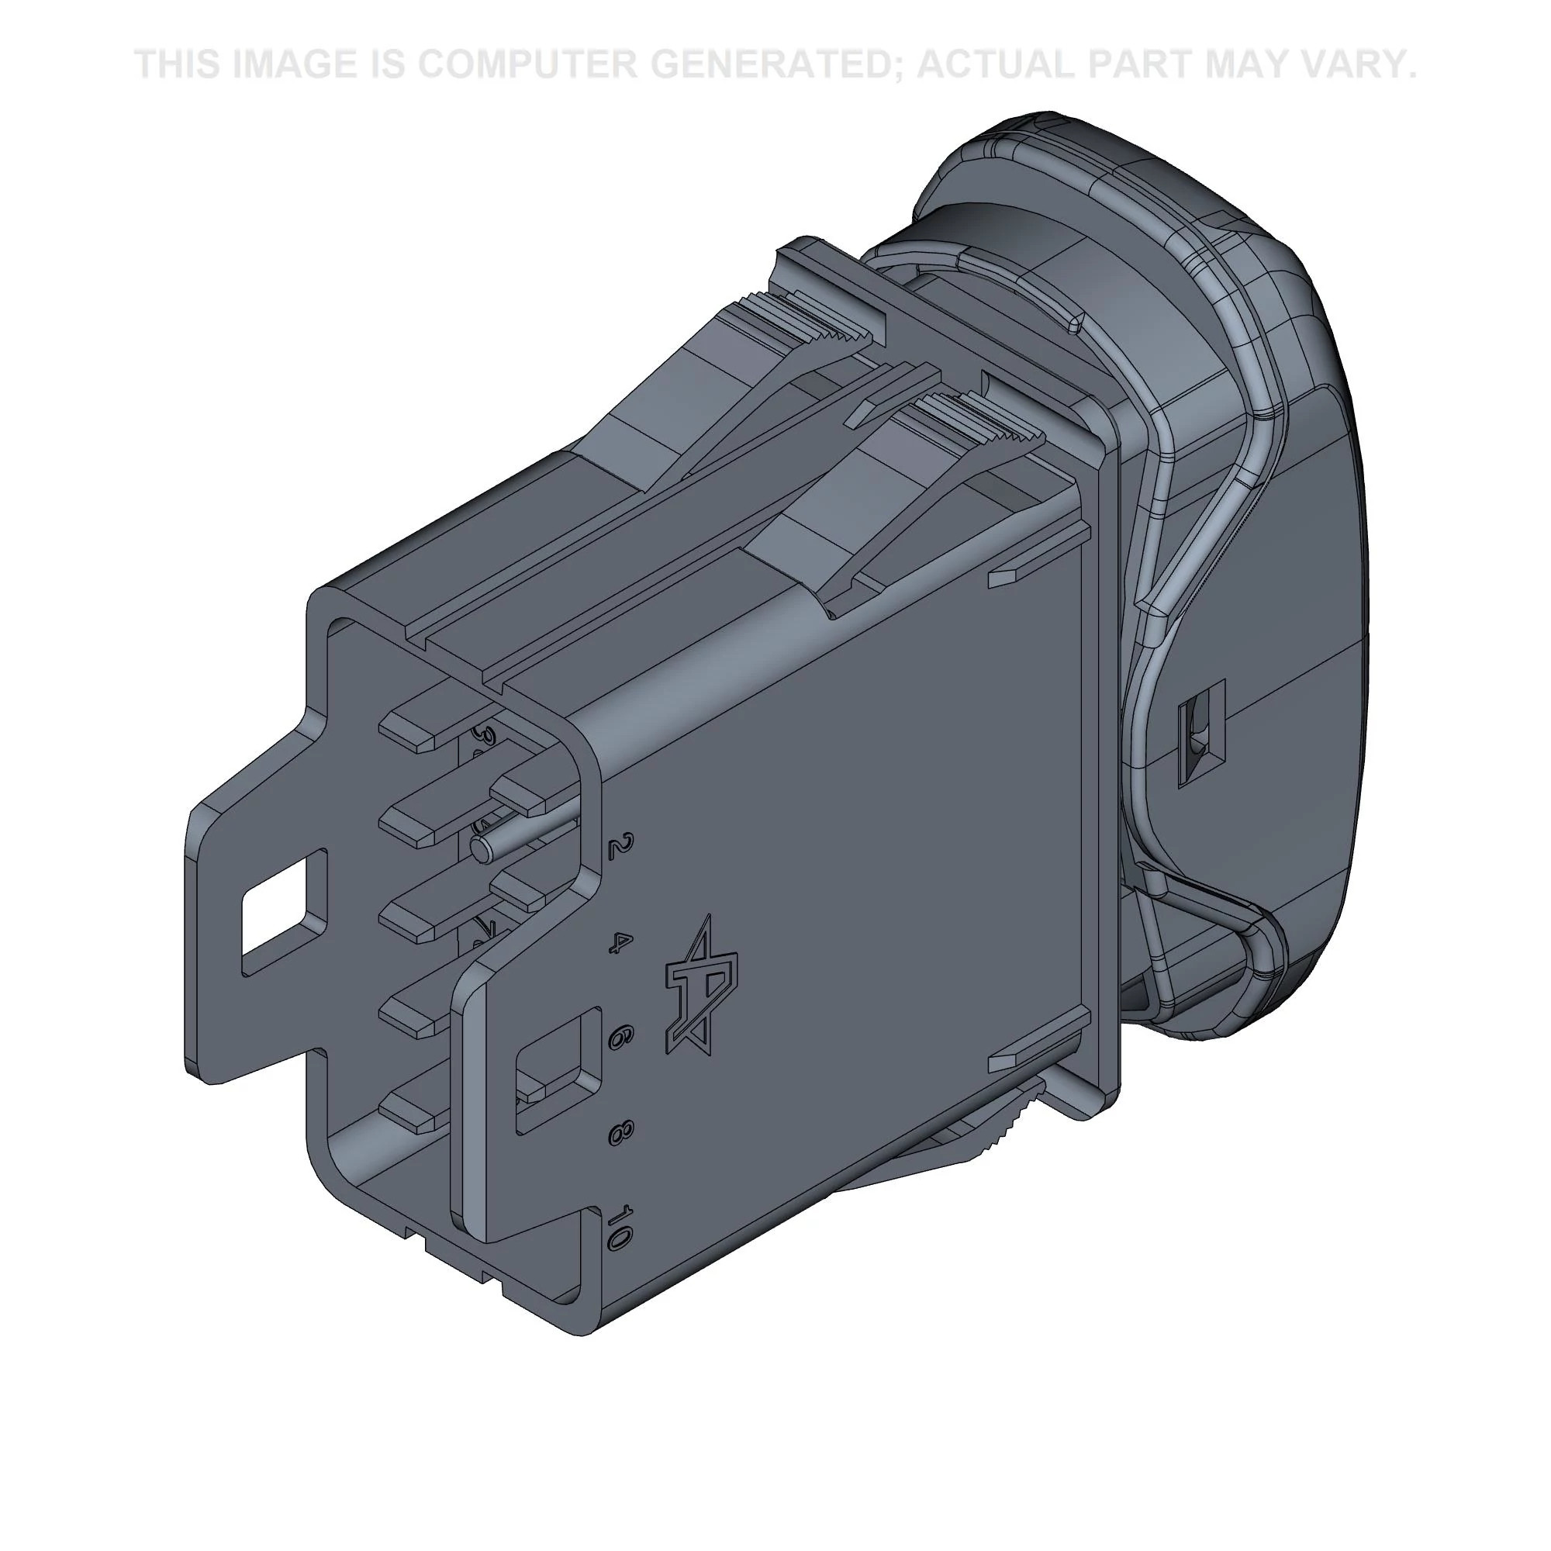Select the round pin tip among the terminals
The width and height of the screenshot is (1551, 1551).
pyautogui.click(x=481, y=848)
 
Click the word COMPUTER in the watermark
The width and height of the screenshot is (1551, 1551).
pyautogui.click(x=526, y=64)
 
